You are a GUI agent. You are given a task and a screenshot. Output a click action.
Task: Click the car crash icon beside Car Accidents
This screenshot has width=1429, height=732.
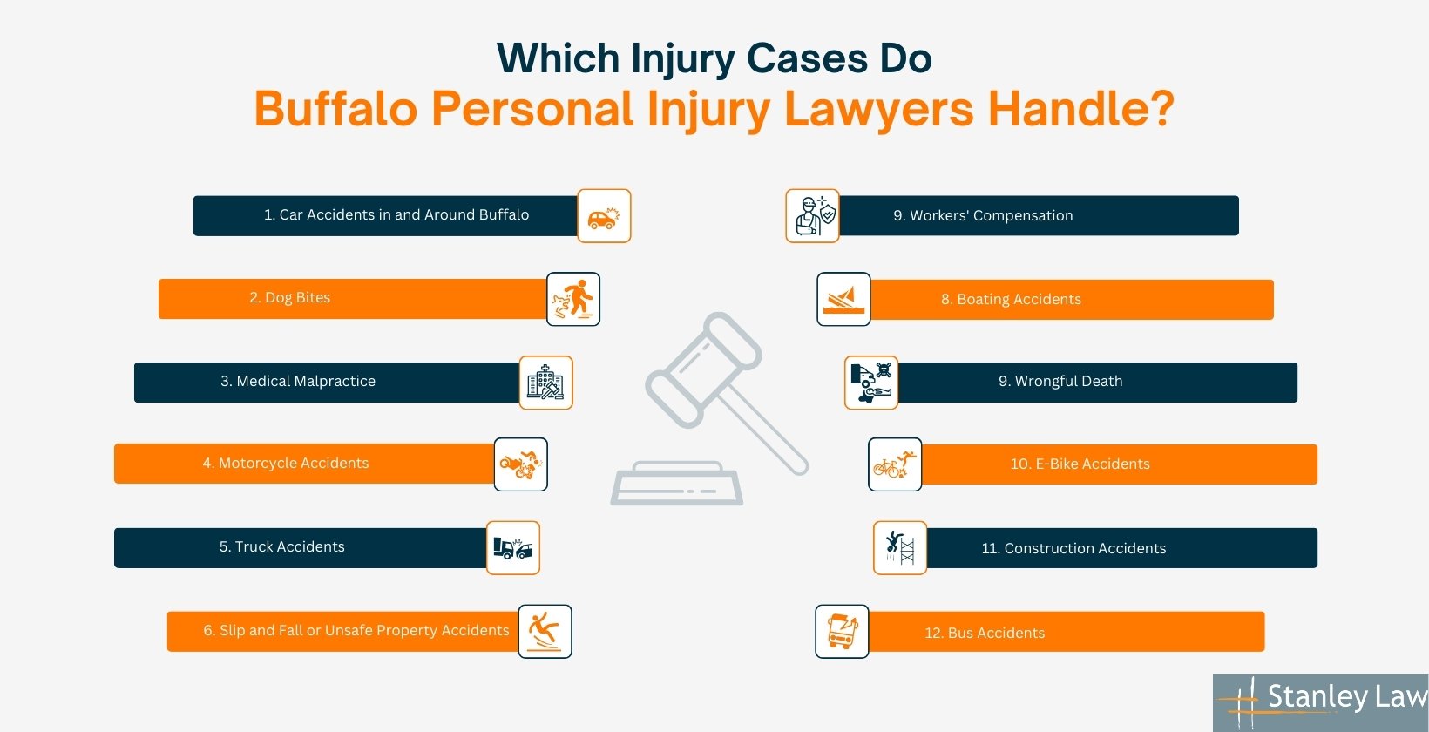[604, 216]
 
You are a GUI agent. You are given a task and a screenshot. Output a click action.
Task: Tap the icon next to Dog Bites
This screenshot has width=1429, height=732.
[573, 299]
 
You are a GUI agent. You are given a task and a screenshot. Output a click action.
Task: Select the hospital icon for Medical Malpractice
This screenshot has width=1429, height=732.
[545, 383]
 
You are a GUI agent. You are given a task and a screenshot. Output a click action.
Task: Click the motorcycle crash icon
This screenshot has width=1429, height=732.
[521, 464]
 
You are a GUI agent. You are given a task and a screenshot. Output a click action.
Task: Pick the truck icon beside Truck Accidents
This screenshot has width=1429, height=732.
[512, 548]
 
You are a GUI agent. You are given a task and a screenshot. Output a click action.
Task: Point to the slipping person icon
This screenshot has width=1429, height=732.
[545, 631]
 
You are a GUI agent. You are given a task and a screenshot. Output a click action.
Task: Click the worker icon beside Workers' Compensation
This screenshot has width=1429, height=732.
[813, 216]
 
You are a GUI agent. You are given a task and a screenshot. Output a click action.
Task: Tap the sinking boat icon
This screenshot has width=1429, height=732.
[843, 299]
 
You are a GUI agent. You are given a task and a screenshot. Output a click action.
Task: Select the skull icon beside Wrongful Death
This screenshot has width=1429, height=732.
[871, 383]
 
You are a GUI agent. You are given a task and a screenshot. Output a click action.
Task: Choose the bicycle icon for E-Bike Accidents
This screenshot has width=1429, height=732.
[895, 464]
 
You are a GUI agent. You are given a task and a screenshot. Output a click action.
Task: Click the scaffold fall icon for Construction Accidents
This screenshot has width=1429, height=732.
[900, 548]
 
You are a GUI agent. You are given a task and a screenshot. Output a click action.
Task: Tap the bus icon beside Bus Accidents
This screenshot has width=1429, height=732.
[842, 631]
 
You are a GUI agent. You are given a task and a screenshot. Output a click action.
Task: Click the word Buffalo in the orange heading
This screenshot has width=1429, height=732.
[335, 110]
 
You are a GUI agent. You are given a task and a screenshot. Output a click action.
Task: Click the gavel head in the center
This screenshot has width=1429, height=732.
[703, 369]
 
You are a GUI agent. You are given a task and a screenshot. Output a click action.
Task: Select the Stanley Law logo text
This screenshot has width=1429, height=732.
[1346, 697]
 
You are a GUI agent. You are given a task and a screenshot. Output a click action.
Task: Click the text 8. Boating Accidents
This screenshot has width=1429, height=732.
[1011, 300]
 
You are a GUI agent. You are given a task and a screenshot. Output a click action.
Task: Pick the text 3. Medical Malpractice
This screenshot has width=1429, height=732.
[298, 382]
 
